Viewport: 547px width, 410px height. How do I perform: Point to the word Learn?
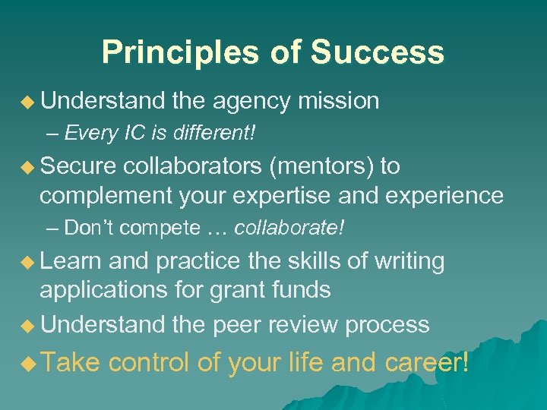click(x=71, y=261)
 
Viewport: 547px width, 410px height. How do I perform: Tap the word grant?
click(x=247, y=290)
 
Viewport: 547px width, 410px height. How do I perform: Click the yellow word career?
click(x=426, y=363)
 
